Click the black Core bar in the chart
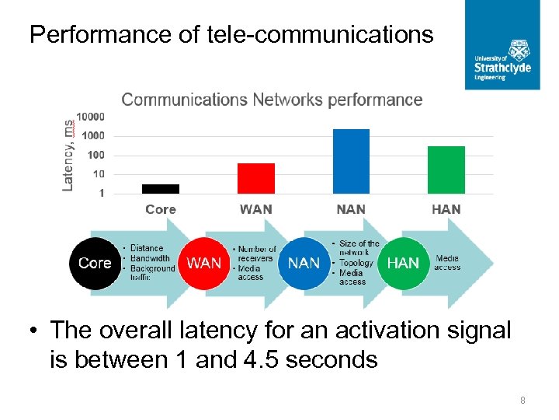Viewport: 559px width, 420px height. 161,188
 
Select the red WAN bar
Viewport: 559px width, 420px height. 255,178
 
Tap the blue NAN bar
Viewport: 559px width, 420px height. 351,161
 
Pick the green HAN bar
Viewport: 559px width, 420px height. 446,170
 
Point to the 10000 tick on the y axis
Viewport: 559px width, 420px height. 90,117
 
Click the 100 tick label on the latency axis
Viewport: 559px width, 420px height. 95,155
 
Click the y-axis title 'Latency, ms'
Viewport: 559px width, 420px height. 68,154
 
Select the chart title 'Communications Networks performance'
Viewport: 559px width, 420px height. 272,100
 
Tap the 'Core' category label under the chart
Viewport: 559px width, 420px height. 161,209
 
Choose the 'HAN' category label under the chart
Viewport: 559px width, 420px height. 446,209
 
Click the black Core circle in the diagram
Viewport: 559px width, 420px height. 95,263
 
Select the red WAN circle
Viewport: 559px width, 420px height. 204,263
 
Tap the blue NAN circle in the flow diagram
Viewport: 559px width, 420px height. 304,263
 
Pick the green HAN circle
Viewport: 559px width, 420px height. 402,263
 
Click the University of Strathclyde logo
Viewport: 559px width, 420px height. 502,44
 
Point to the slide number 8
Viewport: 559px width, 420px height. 523,401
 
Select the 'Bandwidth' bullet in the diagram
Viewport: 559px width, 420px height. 150,258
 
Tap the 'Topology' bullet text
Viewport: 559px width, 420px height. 356,263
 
